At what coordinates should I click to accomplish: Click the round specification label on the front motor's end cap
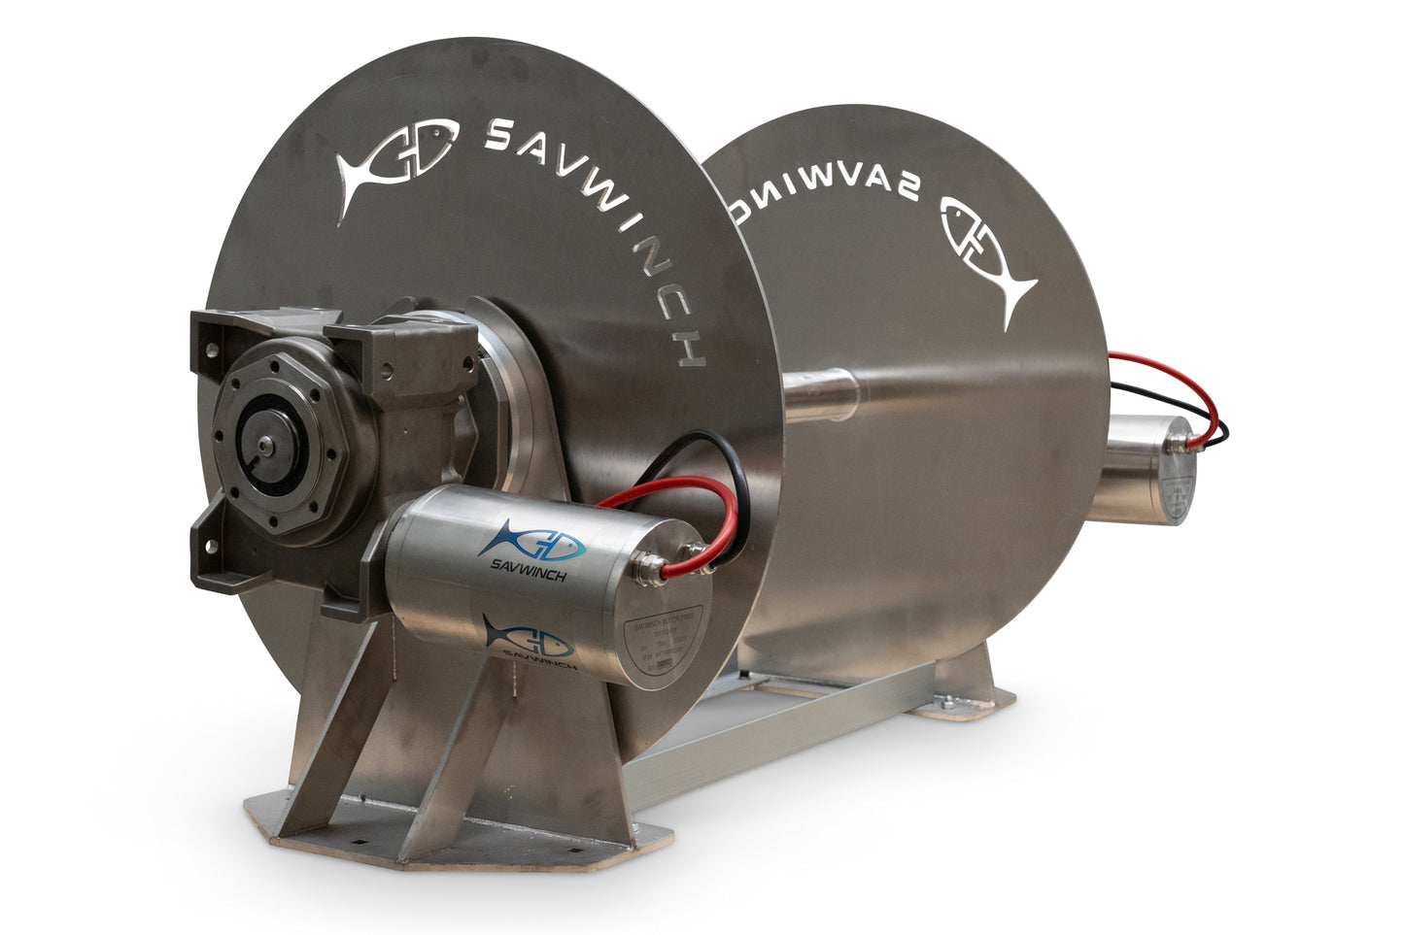[668, 641]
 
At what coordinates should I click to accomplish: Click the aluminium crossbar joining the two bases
[777, 738]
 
